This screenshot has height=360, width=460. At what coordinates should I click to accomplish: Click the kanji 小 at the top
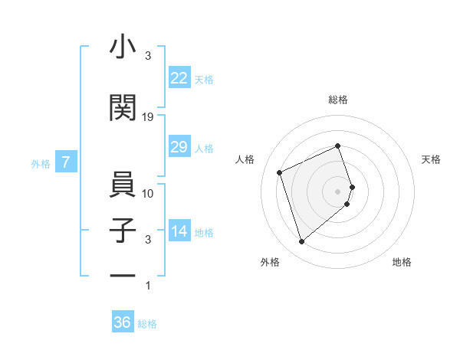123,47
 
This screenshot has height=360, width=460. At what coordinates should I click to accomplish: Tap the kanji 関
123,107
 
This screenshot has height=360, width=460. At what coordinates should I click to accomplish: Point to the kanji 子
123,230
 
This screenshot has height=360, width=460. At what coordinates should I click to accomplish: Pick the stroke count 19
148,117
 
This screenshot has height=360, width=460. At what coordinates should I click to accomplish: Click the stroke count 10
148,193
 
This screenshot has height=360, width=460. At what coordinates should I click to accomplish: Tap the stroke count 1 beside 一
148,286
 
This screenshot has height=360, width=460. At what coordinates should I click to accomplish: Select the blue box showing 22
179,78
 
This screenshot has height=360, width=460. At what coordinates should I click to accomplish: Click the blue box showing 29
179,147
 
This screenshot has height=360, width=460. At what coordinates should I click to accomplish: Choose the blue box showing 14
179,231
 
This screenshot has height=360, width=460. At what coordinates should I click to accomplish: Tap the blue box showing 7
67,162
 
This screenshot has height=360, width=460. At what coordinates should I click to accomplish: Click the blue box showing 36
123,322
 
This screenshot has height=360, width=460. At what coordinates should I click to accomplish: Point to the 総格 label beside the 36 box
147,324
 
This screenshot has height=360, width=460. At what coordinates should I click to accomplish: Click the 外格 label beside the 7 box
41,163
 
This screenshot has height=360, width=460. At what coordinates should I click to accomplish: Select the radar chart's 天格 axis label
432,159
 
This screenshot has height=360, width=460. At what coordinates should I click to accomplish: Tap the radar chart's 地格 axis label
402,262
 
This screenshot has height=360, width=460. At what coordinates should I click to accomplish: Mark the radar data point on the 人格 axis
280,172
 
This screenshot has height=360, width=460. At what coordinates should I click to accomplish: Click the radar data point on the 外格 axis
301,242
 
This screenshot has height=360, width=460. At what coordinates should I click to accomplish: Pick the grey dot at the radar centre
338,191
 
